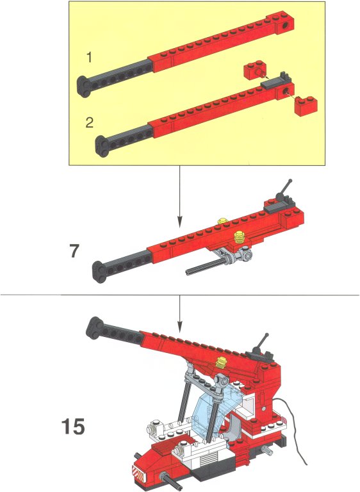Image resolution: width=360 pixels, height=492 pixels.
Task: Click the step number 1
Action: pos(90,58)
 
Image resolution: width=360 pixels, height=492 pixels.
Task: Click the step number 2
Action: pos(90,122)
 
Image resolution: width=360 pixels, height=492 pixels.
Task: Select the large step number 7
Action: pos(74,251)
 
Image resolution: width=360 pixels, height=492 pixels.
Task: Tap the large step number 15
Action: pos(73,426)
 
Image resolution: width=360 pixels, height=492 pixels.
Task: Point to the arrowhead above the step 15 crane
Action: pos(179,328)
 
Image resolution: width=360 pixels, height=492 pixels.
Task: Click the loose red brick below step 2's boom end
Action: pos(306,106)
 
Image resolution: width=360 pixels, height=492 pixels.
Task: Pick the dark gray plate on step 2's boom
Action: pos(275,81)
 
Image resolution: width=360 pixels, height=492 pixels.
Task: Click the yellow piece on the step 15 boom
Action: pos(222,363)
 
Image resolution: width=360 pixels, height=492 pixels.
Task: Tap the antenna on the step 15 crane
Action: pos(262,343)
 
